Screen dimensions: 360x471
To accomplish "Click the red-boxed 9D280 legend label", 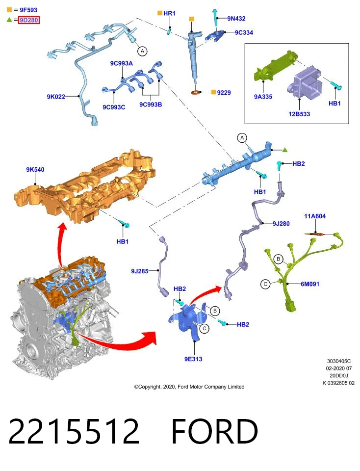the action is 29,20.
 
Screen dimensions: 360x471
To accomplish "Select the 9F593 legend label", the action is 28,10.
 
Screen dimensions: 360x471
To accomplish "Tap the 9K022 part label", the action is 56,97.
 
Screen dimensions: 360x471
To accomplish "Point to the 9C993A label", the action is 121,63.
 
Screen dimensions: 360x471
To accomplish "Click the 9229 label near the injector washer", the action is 224,93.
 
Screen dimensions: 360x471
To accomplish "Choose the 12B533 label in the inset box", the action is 299,114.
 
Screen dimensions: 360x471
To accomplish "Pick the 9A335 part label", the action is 263,97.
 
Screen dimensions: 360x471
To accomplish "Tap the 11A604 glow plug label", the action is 315,216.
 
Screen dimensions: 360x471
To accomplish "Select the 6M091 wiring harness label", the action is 310,284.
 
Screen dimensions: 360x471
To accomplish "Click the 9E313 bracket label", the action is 193,359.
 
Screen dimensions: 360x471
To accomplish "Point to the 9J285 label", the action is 140,271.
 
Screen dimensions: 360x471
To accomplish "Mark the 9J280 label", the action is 281,224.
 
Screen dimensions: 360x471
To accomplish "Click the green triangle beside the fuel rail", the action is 285,150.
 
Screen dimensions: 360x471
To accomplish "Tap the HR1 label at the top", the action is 169,13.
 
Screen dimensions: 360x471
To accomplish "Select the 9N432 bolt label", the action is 236,18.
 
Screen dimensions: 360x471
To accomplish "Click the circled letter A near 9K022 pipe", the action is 142,51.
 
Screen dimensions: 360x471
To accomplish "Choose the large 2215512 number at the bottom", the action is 74,431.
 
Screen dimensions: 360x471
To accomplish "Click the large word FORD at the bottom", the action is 215,431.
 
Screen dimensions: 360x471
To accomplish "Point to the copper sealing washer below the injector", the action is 196,92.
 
